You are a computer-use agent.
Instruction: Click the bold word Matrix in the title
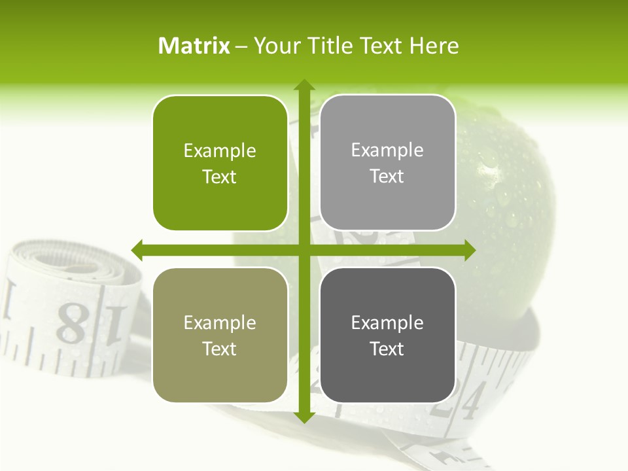(x=194, y=46)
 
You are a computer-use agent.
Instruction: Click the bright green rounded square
(x=220, y=164)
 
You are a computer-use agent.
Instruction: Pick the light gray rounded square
(x=387, y=163)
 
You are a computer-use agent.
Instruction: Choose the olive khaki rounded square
(x=220, y=336)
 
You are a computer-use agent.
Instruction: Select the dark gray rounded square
(x=387, y=336)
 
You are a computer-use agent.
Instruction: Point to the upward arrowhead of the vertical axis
(x=304, y=86)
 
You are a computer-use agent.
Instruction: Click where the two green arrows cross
(x=304, y=250)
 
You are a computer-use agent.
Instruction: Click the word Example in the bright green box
(x=220, y=151)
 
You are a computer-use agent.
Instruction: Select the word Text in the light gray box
(x=387, y=177)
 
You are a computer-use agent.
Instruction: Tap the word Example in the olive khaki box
(x=220, y=323)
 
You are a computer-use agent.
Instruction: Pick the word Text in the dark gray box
(x=387, y=349)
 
